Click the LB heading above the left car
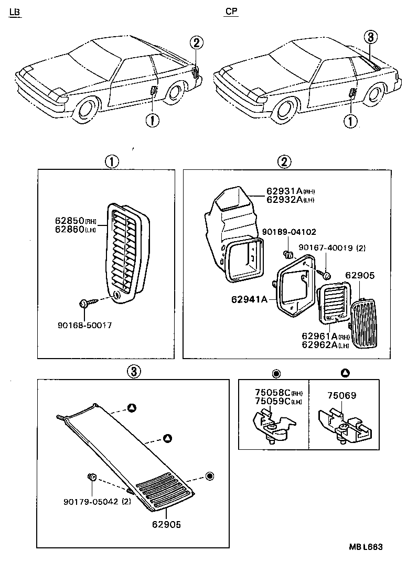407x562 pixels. tap(15, 12)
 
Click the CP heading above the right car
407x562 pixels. tap(231, 12)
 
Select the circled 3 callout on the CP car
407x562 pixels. tap(370, 37)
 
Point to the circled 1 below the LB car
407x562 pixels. tap(152, 121)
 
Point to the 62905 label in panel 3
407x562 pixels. tap(166, 524)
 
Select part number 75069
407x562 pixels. tap(341, 397)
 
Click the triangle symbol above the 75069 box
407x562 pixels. tap(345, 373)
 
